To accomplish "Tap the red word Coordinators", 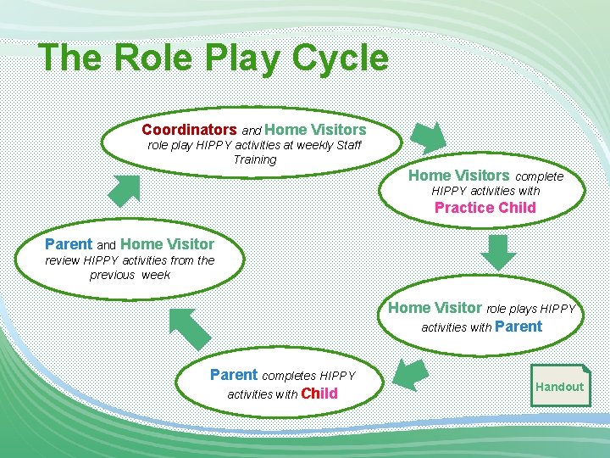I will [x=189, y=130].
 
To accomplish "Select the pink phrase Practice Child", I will [x=485, y=208].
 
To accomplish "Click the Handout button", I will [x=559, y=387].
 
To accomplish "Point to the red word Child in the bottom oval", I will [x=319, y=394].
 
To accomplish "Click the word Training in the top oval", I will [x=255, y=159].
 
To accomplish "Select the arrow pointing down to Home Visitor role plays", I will [x=497, y=252].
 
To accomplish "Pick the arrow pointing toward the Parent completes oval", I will [x=412, y=374].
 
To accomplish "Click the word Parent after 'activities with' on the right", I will [x=518, y=327].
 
